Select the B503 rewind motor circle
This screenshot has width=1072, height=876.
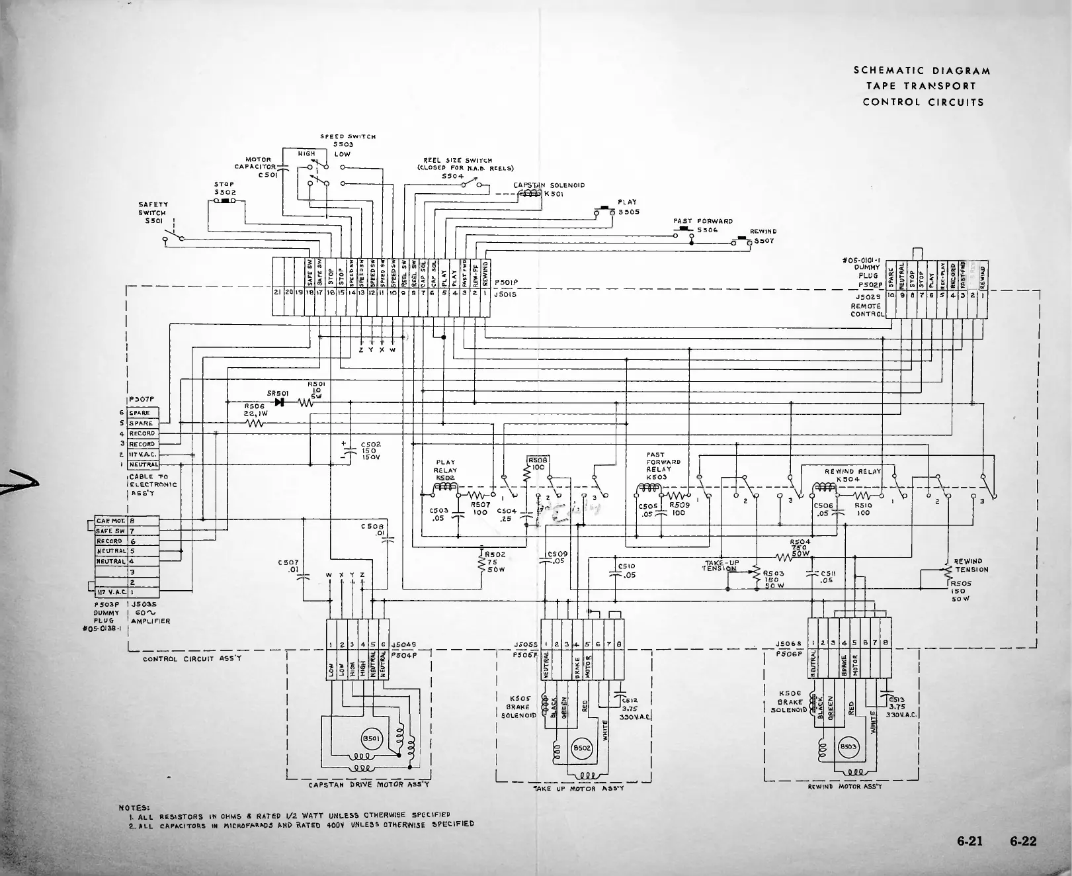click(848, 747)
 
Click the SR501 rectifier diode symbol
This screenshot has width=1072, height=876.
click(279, 402)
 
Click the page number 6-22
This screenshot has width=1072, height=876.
click(1023, 842)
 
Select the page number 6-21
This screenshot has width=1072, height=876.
click(970, 842)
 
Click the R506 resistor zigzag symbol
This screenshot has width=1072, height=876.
click(255, 424)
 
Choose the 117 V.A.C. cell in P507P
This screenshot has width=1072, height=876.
click(142, 455)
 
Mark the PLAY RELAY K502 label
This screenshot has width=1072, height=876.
click(446, 470)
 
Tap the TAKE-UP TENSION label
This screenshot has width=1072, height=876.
click(721, 566)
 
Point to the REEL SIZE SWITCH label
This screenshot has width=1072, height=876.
click(458, 160)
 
